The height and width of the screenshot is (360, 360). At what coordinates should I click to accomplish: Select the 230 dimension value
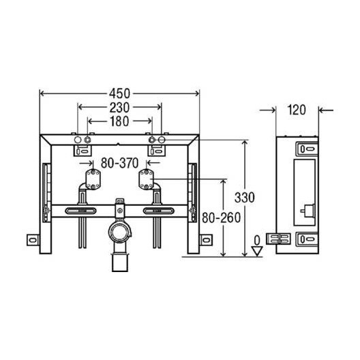120,107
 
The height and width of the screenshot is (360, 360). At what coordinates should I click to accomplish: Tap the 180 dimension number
120,121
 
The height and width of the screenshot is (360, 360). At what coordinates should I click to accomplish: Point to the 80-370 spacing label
120,164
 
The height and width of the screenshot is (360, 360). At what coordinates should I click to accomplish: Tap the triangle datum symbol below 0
257,250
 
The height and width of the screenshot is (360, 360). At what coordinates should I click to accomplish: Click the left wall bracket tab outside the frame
33,241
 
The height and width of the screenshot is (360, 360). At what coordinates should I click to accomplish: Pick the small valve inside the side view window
308,209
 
